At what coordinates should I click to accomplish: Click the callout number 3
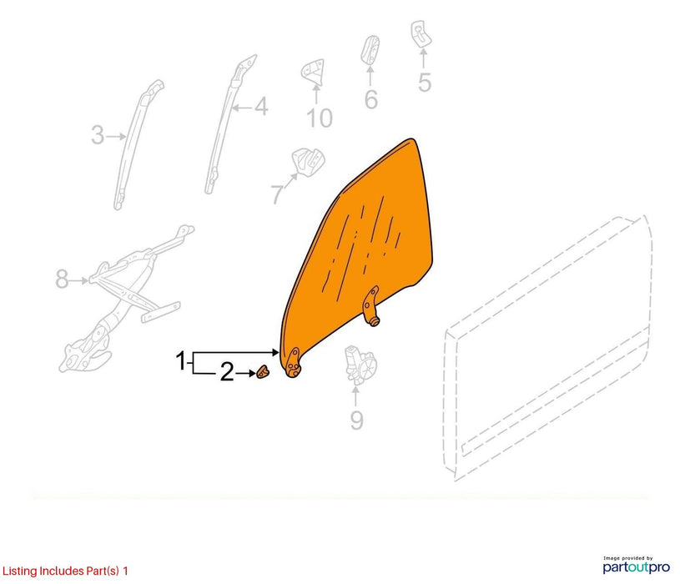tap(98, 135)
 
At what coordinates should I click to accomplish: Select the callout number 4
tap(261, 106)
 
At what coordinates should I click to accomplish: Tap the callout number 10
tap(320, 118)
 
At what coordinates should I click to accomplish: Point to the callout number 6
tap(370, 100)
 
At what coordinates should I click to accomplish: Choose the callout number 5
tap(425, 83)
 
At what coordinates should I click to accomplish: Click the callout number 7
tap(278, 194)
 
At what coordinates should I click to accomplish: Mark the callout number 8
tap(62, 279)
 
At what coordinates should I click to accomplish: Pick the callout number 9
tap(356, 420)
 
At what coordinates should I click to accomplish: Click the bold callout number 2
tap(227, 372)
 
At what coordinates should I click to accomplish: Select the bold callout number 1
tap(181, 360)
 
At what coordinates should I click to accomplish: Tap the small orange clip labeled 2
tap(262, 371)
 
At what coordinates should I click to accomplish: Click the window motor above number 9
tap(360, 365)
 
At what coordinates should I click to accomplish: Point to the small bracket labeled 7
tap(309, 162)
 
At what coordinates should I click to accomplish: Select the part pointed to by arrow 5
tap(421, 34)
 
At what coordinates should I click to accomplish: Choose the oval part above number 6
tap(370, 49)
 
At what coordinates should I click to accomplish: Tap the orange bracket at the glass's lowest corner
tap(292, 363)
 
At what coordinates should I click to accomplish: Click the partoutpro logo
tap(637, 566)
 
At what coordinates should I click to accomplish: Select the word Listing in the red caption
tap(19, 571)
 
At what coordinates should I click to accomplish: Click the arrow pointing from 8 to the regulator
tap(79, 281)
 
